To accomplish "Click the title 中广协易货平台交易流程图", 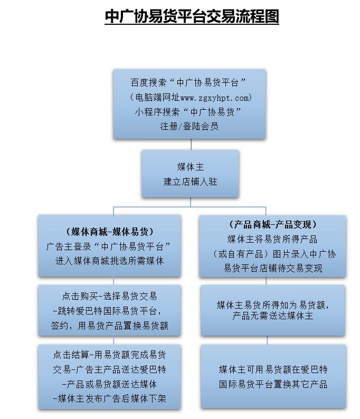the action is pyautogui.click(x=192, y=16).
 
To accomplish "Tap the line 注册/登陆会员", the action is pyautogui.click(x=189, y=126).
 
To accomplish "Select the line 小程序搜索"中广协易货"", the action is pyautogui.click(x=188, y=112).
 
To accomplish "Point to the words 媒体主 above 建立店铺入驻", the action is pyautogui.click(x=190, y=167).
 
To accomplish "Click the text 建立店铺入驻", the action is pyautogui.click(x=190, y=182).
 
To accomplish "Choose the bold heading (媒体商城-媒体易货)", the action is pyautogui.click(x=110, y=232).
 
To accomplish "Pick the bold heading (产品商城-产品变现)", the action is pyautogui.click(x=272, y=224).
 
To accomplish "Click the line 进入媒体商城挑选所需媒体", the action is pyautogui.click(x=110, y=261).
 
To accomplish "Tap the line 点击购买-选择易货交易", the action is pyautogui.click(x=109, y=296).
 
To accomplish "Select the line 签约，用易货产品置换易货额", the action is pyautogui.click(x=109, y=326).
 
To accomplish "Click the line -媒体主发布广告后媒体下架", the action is pyautogui.click(x=109, y=399).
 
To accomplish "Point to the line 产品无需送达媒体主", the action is pyautogui.click(x=272, y=316).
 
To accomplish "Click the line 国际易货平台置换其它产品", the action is pyautogui.click(x=273, y=384).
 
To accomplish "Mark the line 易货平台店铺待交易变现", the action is pyautogui.click(x=273, y=268).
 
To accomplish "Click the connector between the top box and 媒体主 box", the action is pyautogui.click(x=191, y=144).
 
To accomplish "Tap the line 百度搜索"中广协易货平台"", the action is pyautogui.click(x=188, y=82).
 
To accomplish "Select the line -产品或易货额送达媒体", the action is pyautogui.click(x=109, y=384).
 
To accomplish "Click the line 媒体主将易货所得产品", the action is pyautogui.click(x=272, y=239).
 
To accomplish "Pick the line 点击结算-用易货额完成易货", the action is pyautogui.click(x=109, y=355).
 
